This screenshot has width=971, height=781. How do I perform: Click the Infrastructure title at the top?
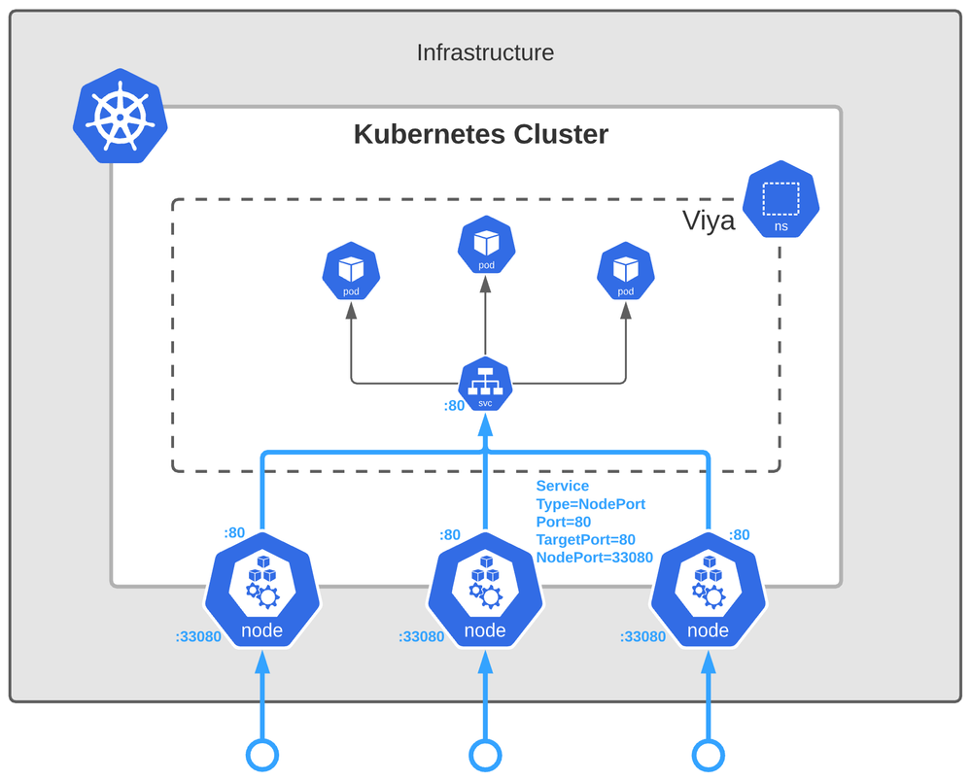(x=485, y=52)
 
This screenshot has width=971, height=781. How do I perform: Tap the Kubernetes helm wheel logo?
(x=121, y=115)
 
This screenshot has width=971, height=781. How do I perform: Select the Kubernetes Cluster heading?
(x=480, y=134)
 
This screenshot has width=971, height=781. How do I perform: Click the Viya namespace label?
(x=708, y=222)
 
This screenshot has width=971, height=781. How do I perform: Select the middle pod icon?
(x=486, y=245)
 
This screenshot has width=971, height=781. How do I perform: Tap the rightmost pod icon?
(x=625, y=273)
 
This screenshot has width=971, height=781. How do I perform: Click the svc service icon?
(x=486, y=383)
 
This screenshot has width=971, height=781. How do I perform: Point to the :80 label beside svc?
(x=454, y=406)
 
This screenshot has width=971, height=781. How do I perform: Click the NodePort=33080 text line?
(x=594, y=558)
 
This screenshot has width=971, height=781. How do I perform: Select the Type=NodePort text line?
(x=590, y=504)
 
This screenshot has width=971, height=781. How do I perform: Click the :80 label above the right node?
(x=739, y=534)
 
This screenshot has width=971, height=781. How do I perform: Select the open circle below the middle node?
(x=485, y=754)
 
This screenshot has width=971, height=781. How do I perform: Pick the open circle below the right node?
(x=708, y=754)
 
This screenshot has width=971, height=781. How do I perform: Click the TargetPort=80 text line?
(x=585, y=540)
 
